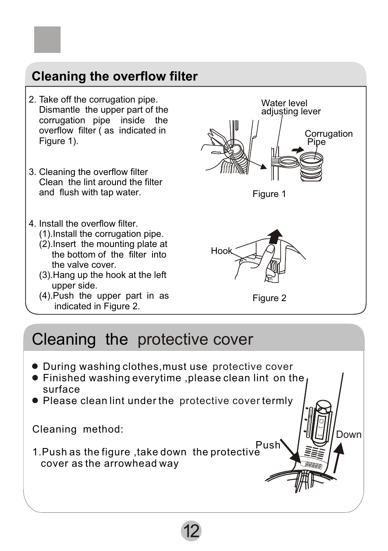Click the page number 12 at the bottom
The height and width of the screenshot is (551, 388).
tap(191, 531)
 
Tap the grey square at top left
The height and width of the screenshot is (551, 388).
tap(47, 40)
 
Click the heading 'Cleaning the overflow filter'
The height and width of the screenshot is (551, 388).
tap(115, 77)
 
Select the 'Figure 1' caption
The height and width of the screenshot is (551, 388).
tap(269, 194)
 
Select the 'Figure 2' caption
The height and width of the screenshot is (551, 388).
tap(269, 298)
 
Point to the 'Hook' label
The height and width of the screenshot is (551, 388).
tap(221, 251)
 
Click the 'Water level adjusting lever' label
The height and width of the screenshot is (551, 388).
tap(290, 107)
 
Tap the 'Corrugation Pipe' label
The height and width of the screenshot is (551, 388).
tap(328, 138)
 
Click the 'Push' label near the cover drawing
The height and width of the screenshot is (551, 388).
tap(268, 445)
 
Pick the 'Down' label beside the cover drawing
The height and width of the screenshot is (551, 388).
tap(349, 435)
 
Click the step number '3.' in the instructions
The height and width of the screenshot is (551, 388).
tap(33, 172)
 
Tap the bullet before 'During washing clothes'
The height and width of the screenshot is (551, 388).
tap(35, 367)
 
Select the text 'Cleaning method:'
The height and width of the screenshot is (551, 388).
tap(78, 429)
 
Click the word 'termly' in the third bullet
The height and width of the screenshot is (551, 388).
tap(277, 401)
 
